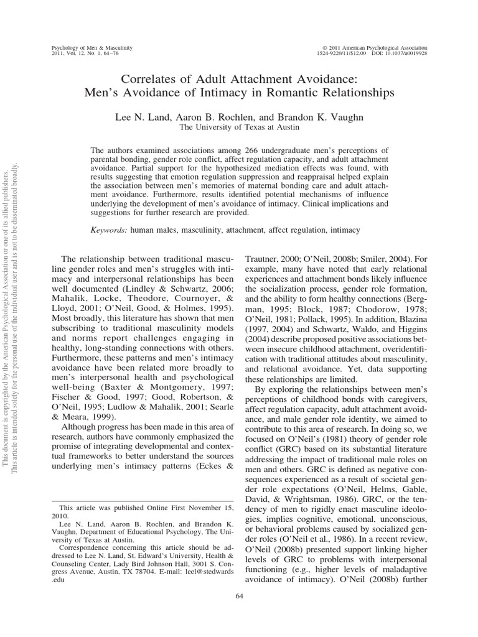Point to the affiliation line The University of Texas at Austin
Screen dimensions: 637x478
click(x=239, y=127)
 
